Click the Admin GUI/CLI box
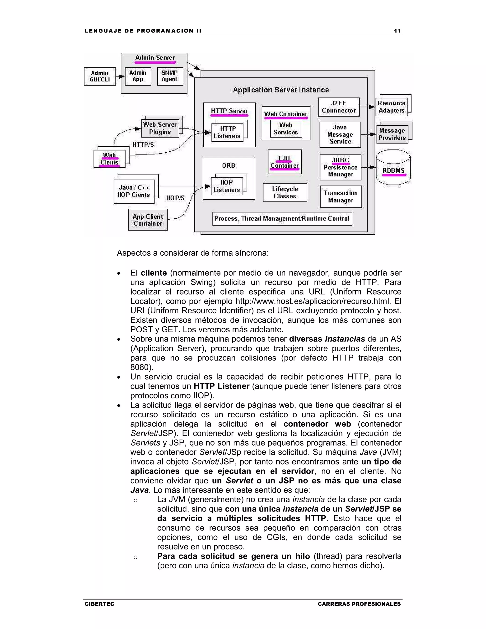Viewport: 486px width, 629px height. (x=100, y=76)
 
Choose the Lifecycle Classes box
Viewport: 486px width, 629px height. (x=285, y=192)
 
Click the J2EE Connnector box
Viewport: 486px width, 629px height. (x=339, y=107)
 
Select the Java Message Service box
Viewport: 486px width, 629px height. (x=340, y=135)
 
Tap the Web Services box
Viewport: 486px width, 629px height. (x=286, y=129)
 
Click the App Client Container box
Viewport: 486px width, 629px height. (x=148, y=220)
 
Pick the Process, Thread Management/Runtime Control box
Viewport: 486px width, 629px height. (x=282, y=219)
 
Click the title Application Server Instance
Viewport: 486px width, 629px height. (x=281, y=90)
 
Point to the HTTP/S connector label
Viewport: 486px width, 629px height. (x=143, y=145)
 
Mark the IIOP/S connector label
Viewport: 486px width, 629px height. (x=176, y=198)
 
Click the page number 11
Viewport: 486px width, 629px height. (x=397, y=31)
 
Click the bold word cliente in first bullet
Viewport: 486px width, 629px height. (x=154, y=273)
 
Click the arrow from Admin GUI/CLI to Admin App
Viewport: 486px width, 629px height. (x=120, y=77)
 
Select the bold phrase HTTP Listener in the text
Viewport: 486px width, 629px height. (x=221, y=386)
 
